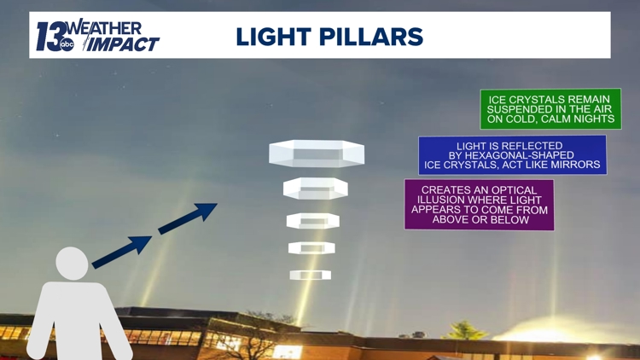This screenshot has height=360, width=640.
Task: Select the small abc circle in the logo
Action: click(67, 45)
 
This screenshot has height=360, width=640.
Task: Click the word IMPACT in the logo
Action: click(124, 44)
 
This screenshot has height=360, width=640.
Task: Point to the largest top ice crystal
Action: click(317, 154)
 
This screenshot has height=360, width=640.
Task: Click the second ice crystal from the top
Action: click(315, 189)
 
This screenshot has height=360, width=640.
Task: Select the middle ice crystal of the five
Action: click(312, 221)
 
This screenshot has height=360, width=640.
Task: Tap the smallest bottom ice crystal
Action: click(310, 275)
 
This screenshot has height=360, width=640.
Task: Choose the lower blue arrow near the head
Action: click(122, 252)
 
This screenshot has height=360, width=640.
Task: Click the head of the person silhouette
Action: click(72, 263)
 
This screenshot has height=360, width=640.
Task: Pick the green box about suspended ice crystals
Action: click(550, 109)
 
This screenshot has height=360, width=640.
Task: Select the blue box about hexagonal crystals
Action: click(512, 154)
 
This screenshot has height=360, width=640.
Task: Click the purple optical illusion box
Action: click(479, 205)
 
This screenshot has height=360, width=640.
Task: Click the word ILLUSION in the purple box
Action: click(445, 200)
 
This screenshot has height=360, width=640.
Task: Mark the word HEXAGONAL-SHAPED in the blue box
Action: click(522, 155)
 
